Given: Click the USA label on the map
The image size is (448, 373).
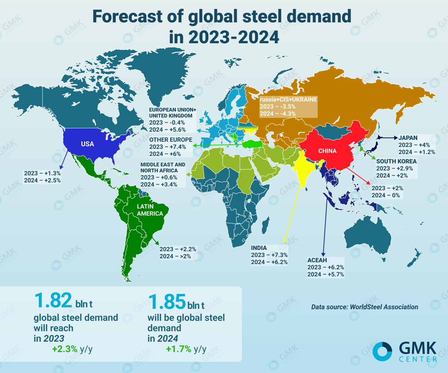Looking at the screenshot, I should click(x=88, y=144).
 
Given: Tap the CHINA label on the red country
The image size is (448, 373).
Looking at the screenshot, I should click(x=327, y=151).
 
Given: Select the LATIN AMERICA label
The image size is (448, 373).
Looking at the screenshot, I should click(x=150, y=210).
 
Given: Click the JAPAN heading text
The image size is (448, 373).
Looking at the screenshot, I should click(x=408, y=137).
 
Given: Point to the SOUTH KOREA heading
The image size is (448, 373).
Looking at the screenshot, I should click(x=396, y=161).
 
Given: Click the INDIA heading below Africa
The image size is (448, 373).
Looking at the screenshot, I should click(x=259, y=248).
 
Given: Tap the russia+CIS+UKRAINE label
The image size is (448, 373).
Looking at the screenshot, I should click(x=288, y=100).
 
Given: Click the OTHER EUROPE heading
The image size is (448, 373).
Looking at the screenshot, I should click(x=171, y=140).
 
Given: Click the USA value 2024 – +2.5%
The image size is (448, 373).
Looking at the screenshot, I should click(x=42, y=181).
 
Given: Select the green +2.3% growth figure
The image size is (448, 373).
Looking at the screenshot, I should click(x=65, y=349).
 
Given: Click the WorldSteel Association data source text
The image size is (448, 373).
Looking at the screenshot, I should click(x=364, y=307).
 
